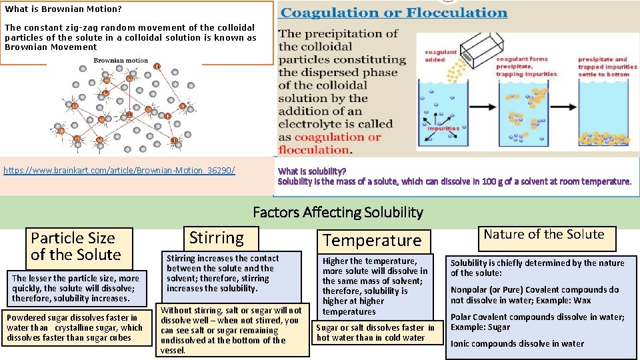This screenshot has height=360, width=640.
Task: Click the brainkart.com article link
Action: pyautogui.click(x=119, y=171)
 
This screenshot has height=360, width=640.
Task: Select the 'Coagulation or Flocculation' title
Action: pyautogui.click(x=394, y=13)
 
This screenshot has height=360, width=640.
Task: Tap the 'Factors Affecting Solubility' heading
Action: pyautogui.click(x=338, y=213)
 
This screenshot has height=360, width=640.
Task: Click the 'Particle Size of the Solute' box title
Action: pyautogui.click(x=75, y=246)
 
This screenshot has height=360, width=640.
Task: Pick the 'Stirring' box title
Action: pyautogui.click(x=217, y=237)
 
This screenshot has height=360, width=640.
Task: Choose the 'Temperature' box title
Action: pyautogui.click(x=372, y=241)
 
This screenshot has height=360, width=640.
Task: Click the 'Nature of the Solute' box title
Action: pyautogui.click(x=543, y=235)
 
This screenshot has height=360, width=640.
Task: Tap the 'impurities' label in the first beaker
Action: pyautogui.click(x=443, y=129)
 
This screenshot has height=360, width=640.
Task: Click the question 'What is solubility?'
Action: pyautogui.click(x=312, y=171)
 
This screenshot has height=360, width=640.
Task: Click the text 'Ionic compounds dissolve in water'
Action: pyautogui.click(x=517, y=344)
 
